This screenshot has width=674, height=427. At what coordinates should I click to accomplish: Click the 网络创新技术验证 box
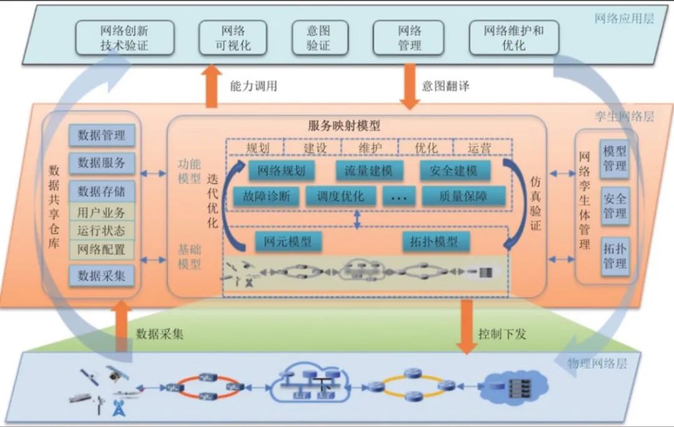(124, 37)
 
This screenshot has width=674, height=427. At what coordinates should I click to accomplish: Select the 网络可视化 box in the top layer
(233, 37)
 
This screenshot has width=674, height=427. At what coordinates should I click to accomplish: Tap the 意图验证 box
(318, 37)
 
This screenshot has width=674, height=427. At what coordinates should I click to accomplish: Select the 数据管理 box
(102, 135)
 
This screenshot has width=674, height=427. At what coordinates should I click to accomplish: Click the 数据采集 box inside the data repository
(102, 275)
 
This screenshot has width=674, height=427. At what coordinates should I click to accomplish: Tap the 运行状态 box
(102, 231)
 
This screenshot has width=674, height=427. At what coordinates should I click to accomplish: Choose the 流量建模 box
(368, 171)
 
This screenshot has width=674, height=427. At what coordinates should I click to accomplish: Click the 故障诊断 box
(263, 196)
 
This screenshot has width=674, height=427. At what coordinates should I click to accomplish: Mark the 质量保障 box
(463, 196)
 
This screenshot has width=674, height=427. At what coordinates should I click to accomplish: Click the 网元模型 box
(288, 242)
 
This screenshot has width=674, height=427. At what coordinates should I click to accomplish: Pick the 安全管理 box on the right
(614, 206)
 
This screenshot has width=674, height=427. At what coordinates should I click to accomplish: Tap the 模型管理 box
(614, 158)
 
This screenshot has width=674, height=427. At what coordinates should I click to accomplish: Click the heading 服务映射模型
(344, 125)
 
